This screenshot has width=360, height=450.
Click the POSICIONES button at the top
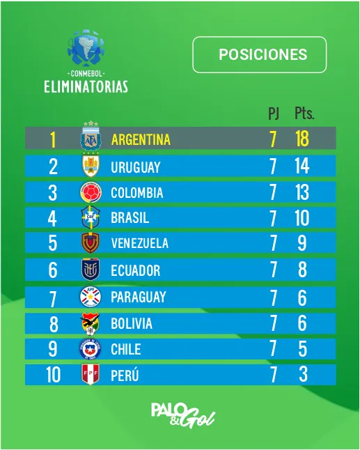click(259, 54)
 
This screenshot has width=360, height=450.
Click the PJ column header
click(274, 114)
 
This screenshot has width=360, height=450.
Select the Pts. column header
click(304, 114)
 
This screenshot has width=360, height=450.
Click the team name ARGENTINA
click(141, 139)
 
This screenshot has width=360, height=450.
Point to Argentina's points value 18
click(302, 139)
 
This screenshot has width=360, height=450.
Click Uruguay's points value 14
click(302, 166)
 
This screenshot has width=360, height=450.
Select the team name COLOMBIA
click(137, 192)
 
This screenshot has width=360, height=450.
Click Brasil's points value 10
click(302, 218)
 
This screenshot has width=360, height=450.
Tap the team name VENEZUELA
click(139, 244)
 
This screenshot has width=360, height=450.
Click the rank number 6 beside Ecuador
click(53, 270)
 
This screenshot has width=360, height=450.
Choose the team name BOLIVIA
click(132, 324)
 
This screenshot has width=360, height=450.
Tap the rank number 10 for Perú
click(53, 375)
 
